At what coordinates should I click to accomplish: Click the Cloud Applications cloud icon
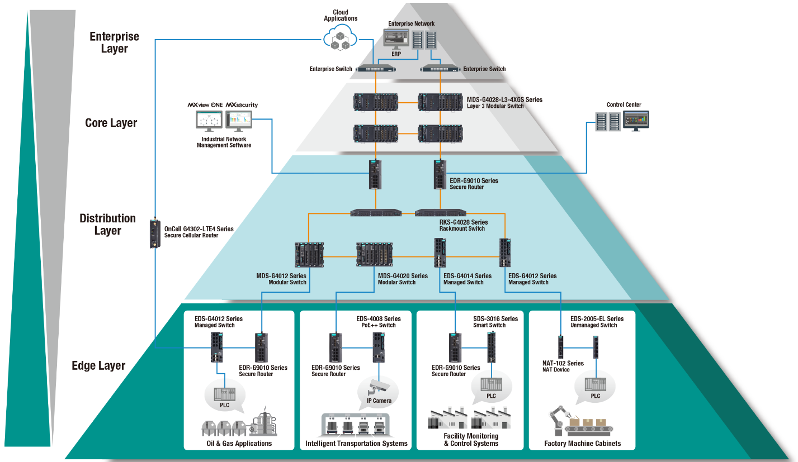click(x=340, y=39)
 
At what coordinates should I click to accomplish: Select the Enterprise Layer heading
click(x=114, y=42)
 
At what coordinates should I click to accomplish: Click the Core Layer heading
click(x=111, y=123)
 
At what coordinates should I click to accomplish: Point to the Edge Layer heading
click(x=98, y=366)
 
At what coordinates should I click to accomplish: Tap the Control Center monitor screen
click(x=636, y=120)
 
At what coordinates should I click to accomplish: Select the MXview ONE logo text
click(x=205, y=105)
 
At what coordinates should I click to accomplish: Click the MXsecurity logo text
click(x=242, y=105)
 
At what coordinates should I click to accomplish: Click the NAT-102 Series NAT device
click(x=560, y=346)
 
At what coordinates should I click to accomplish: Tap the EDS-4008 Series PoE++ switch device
click(x=379, y=347)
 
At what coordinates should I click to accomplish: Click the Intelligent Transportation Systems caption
click(x=356, y=444)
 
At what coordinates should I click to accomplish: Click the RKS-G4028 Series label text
click(x=464, y=222)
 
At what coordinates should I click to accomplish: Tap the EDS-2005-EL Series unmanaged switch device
click(x=596, y=346)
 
